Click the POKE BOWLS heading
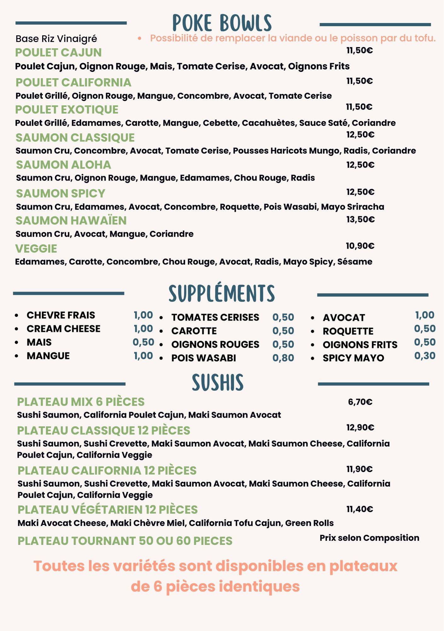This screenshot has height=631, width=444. pyautogui.click(x=222, y=23)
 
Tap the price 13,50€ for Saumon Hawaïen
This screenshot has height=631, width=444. pyautogui.click(x=360, y=219)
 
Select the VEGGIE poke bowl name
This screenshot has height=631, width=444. pyautogui.click(x=36, y=249)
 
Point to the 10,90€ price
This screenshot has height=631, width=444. pyautogui.click(x=360, y=246)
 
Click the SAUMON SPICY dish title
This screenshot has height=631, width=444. pyautogui.click(x=61, y=193)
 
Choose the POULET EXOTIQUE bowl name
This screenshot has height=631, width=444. pyautogui.click(x=67, y=109)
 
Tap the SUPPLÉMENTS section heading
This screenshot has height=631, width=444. pyautogui.click(x=222, y=293)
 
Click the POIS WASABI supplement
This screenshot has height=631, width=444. pyautogui.click(x=204, y=358)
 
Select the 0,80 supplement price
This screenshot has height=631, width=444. pyautogui.click(x=283, y=358)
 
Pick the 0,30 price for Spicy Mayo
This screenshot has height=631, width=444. pyautogui.click(x=425, y=356)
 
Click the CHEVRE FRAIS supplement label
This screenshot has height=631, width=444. pyautogui.click(x=61, y=315)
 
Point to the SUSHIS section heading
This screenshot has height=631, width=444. pyautogui.click(x=218, y=382)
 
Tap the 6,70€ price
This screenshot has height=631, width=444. pyautogui.click(x=360, y=402)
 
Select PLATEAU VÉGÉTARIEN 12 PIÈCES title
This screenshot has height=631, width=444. pyautogui.click(x=107, y=510)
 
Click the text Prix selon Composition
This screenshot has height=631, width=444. pyautogui.click(x=369, y=538)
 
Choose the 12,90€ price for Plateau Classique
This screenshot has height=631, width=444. pyautogui.click(x=360, y=428)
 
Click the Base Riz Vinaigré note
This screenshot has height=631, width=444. pyautogui.click(x=56, y=39)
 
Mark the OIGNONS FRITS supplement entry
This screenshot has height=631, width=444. pyautogui.click(x=360, y=345)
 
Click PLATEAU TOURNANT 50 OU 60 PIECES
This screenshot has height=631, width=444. pyautogui.click(x=125, y=541)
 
